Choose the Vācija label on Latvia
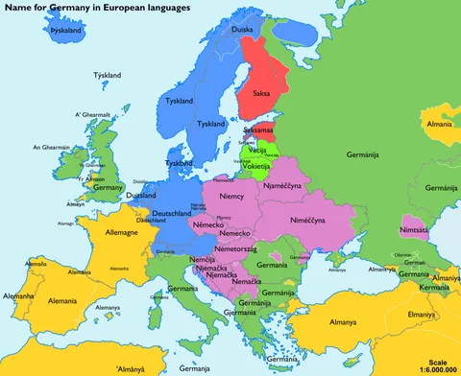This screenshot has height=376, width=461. coord(257,152)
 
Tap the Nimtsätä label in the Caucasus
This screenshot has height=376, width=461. coord(415,230)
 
